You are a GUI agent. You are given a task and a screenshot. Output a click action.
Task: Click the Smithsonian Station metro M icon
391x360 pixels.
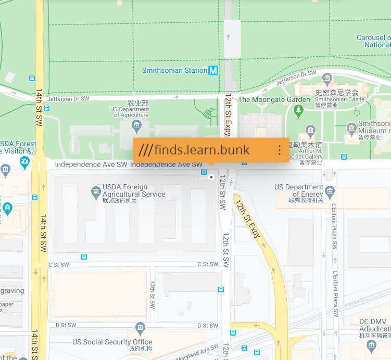pos(213,71)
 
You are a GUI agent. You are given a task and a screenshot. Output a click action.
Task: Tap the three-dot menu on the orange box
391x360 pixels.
pos(280,150)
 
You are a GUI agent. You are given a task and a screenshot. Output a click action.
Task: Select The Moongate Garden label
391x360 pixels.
pos(274,99)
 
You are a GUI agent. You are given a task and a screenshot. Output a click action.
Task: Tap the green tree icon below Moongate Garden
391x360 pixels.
pos(298,110)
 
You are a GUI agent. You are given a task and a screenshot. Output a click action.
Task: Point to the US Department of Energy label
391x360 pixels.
pos(298,190)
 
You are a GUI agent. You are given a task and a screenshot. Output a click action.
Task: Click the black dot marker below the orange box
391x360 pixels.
pos(211,177)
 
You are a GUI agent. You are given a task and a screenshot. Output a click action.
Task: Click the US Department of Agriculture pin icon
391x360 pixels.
pos(136,124)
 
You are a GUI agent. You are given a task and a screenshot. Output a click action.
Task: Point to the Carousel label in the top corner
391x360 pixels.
pos(373,41)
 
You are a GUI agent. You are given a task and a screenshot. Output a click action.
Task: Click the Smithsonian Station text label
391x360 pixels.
pos(174,71)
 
